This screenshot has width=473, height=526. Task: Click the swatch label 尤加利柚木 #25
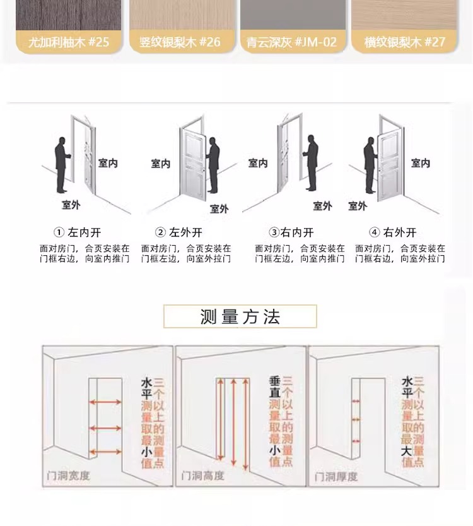tap(69, 42)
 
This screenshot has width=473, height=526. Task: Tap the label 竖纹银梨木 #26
tap(180, 42)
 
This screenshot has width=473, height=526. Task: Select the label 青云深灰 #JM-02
tap(292, 42)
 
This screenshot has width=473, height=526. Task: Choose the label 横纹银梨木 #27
tap(404, 42)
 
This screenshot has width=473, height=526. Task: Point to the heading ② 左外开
tap(178, 232)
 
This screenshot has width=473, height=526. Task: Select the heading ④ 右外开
tap(393, 232)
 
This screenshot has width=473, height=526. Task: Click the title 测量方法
tap(240, 316)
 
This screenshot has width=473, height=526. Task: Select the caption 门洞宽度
tap(69, 475)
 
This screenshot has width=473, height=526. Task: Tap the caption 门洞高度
tap(202, 475)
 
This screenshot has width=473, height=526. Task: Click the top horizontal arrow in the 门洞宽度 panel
tap(105, 402)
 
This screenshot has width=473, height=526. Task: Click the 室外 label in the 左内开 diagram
tap(71, 205)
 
